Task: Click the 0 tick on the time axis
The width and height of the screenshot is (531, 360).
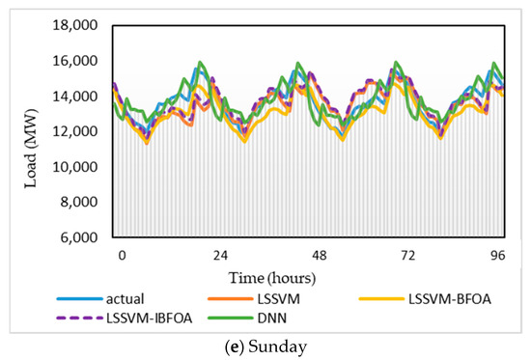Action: coord(122,256)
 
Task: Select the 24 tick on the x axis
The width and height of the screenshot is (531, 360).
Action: coord(220,256)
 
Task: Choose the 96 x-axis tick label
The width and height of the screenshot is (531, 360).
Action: coord(498,256)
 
